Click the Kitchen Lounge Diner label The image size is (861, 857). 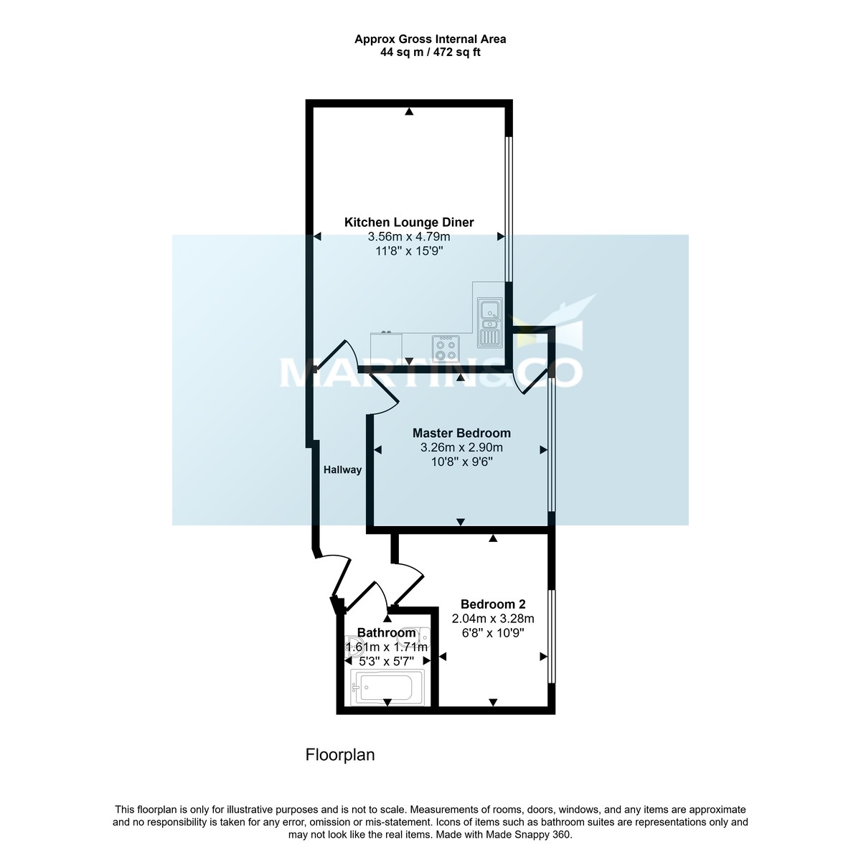pyautogui.click(x=409, y=223)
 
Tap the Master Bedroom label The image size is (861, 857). pyautogui.click(x=461, y=433)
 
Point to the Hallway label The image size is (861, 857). pyautogui.click(x=342, y=470)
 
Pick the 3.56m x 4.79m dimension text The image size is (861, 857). pyautogui.click(x=409, y=237)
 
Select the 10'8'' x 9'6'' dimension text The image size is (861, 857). pyautogui.click(x=461, y=462)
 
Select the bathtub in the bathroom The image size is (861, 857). pyautogui.click(x=388, y=687)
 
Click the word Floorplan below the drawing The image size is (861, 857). pyautogui.click(x=340, y=755)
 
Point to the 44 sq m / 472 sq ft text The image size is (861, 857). pyautogui.click(x=430, y=52)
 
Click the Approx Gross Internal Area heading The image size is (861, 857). pyautogui.click(x=430, y=39)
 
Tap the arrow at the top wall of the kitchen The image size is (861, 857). pyautogui.click(x=409, y=111)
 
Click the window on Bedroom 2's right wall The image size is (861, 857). pyautogui.click(x=551, y=636)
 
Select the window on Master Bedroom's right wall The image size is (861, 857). pyautogui.click(x=551, y=445)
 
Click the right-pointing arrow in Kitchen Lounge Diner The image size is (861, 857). pyautogui.click(x=501, y=237)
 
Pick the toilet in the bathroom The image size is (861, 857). pyautogui.click(x=352, y=644)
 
